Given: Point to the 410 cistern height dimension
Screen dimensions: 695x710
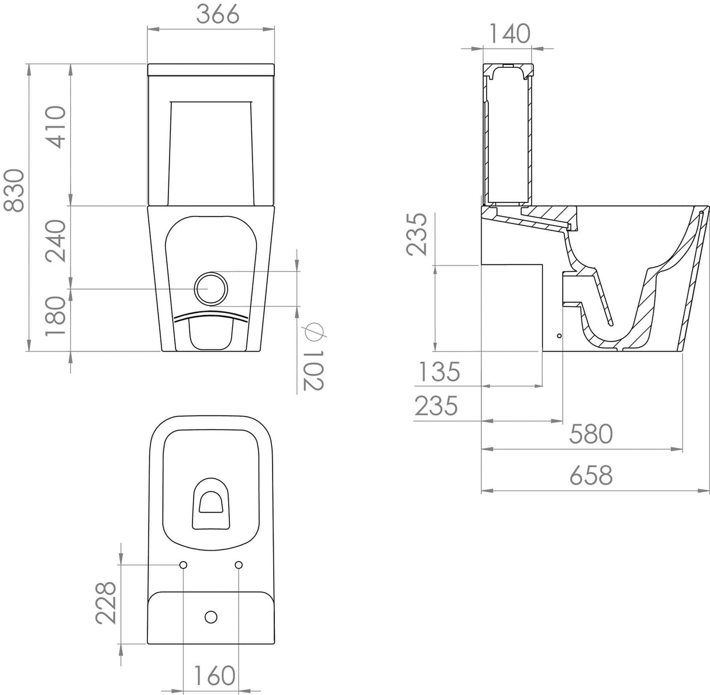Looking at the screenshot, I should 56,126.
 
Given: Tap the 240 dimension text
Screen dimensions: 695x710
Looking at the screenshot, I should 56,241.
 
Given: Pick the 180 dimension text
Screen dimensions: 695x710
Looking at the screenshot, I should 56,316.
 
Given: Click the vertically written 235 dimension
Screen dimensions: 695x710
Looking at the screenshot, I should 419,234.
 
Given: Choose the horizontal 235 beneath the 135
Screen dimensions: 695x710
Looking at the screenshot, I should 436,406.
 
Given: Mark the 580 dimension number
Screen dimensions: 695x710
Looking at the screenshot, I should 591,434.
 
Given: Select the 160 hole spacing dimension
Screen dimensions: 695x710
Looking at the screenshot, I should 211,676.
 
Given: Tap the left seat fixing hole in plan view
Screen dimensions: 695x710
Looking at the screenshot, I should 183,565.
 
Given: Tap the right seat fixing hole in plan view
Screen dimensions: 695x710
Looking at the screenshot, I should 238,565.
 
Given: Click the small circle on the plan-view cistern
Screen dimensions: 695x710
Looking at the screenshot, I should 211,616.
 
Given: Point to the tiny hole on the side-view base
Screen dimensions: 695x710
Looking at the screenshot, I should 559,336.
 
